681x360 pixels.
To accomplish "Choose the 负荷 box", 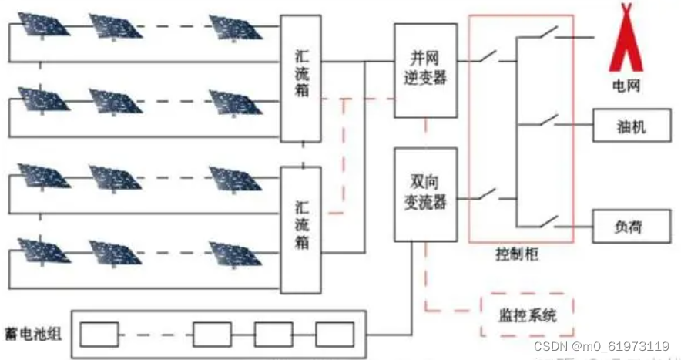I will (x=630, y=227).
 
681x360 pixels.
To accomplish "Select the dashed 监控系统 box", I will (x=528, y=315).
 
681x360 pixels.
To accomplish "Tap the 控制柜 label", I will (x=517, y=254).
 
